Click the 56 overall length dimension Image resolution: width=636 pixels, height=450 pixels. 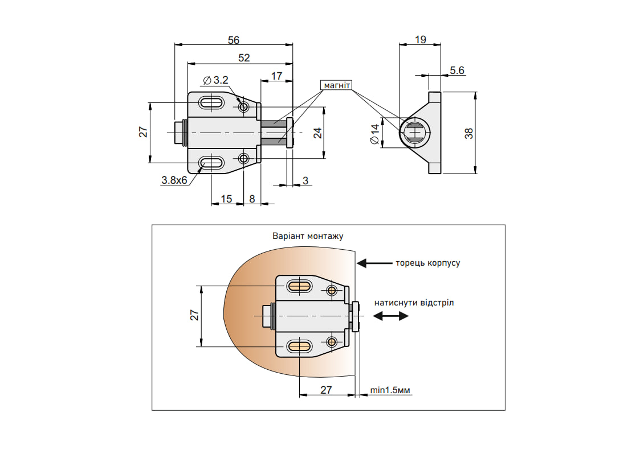(x=233, y=40)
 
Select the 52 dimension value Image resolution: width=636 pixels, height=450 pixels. (x=244, y=57)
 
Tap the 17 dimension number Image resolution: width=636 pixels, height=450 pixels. (x=276, y=76)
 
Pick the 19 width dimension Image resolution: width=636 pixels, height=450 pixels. (x=420, y=40)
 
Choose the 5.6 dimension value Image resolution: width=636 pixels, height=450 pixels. (x=457, y=71)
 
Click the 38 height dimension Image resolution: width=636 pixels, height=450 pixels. (x=469, y=133)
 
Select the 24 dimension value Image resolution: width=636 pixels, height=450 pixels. (x=317, y=133)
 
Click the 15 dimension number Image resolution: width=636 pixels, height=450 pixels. (x=226, y=199)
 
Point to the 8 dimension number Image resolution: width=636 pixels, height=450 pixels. (x=252, y=199)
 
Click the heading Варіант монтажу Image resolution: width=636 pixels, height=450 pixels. (x=308, y=236)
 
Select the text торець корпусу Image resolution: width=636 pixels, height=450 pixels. (x=427, y=263)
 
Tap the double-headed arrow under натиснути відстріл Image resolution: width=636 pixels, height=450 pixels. (x=391, y=317)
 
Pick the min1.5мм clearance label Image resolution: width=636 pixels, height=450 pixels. (x=391, y=390)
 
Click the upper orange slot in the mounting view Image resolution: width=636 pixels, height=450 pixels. (x=299, y=286)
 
